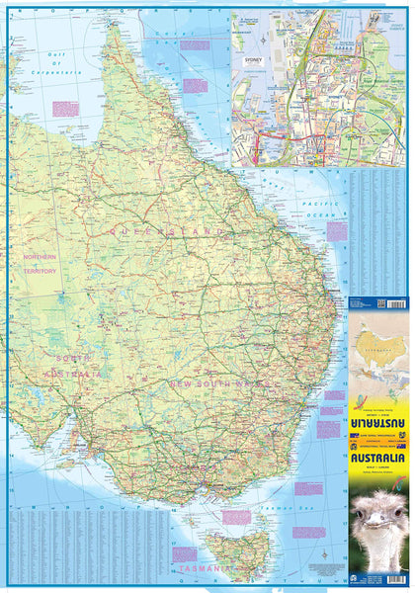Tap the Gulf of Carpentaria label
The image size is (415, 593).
coord(61,68)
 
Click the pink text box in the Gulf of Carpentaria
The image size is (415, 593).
coord(66,108)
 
